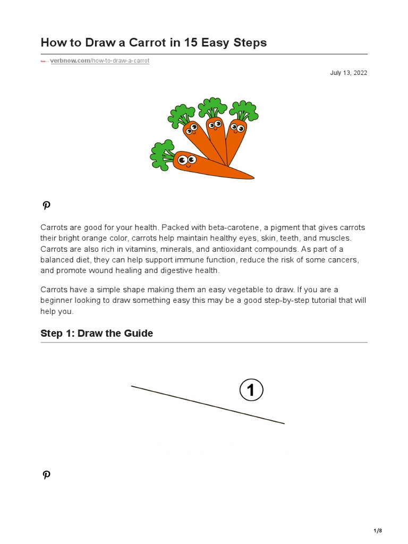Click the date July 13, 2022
[348, 73]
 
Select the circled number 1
[251, 391]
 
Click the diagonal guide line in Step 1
[207, 405]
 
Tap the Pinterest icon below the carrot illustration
[46, 206]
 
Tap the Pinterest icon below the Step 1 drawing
[46, 475]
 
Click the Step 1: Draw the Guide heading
[97, 333]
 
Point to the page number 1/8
[378, 531]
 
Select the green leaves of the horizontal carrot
[161, 154]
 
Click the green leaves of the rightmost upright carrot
[244, 110]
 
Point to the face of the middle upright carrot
[214, 125]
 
